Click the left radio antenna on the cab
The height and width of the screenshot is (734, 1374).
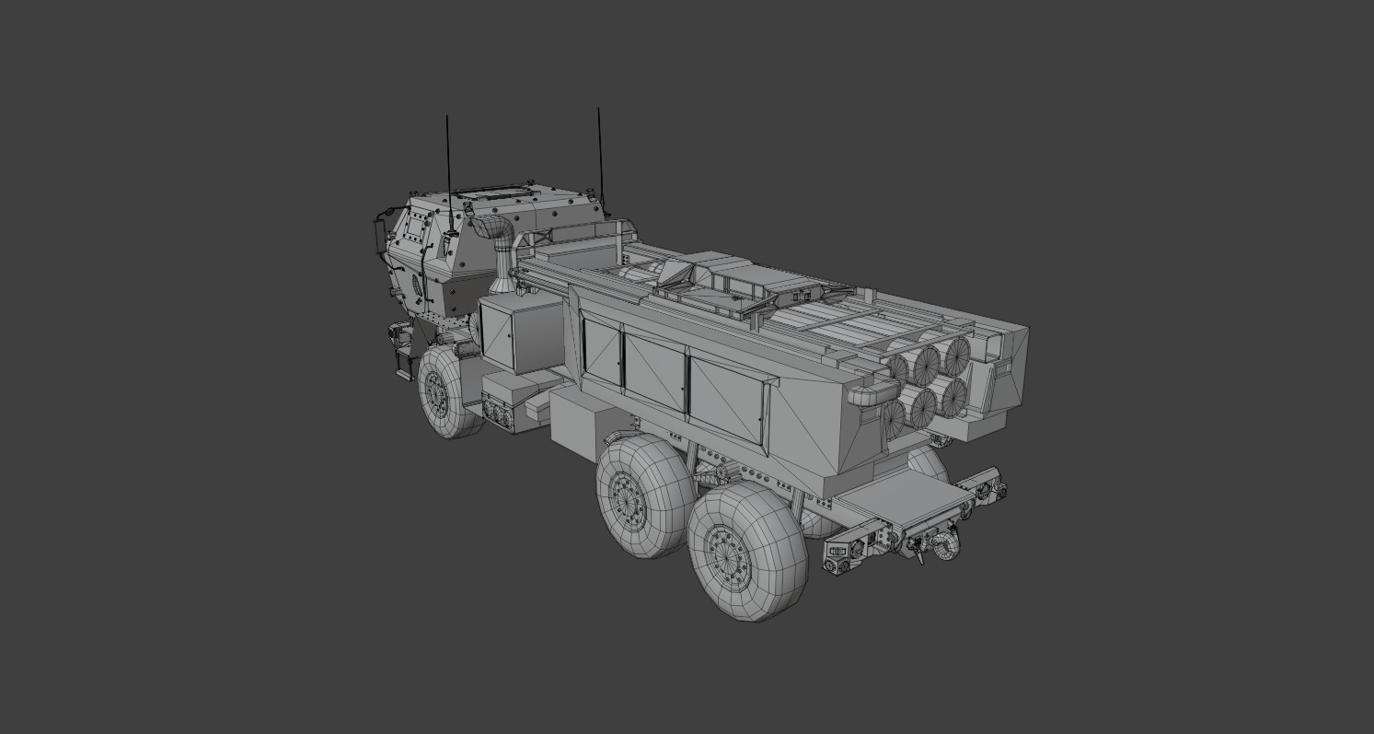(x=448, y=166)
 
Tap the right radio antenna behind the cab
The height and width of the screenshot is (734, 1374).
(x=600, y=157)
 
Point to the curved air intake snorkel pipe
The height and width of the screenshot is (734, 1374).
(x=498, y=235)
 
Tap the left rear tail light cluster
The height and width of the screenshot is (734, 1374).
(x=840, y=553)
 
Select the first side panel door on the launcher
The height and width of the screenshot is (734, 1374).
(x=602, y=353)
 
